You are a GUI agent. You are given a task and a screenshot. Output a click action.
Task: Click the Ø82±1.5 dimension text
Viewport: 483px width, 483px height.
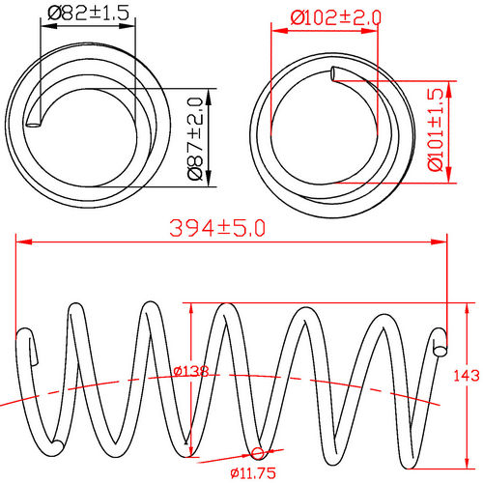pos(87,14)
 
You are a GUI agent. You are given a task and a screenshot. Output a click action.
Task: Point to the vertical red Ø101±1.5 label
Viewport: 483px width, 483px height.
pos(436,129)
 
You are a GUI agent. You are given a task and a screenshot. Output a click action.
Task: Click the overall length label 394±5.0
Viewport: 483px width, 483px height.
pos(216,228)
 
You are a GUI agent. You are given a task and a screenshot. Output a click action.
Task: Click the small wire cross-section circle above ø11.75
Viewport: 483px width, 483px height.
pos(258,453)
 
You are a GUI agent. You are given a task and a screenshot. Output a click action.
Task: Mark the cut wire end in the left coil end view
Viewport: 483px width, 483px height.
pos(35,122)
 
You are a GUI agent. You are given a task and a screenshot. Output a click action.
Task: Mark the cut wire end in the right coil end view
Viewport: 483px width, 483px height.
pos(335,72)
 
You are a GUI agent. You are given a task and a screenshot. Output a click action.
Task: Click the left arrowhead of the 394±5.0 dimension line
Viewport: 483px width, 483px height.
pos(21,241)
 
